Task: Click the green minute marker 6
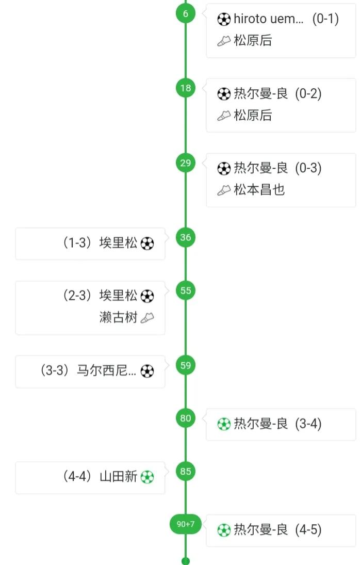[186, 14]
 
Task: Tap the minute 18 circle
[186, 88]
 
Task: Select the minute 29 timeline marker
[186, 163]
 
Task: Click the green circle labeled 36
[186, 237]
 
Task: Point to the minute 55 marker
[186, 290]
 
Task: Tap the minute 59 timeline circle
[186, 365]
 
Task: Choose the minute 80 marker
[186, 418]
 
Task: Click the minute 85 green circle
[186, 471]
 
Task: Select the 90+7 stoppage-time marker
[186, 524]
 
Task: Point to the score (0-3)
[308, 168]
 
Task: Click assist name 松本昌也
[259, 190]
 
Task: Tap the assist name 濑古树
[119, 317]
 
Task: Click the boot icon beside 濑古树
[147, 318]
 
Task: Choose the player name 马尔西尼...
[106, 370]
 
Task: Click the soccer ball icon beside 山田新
[147, 477]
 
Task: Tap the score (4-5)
[308, 530]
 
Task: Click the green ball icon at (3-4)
[223, 424]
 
